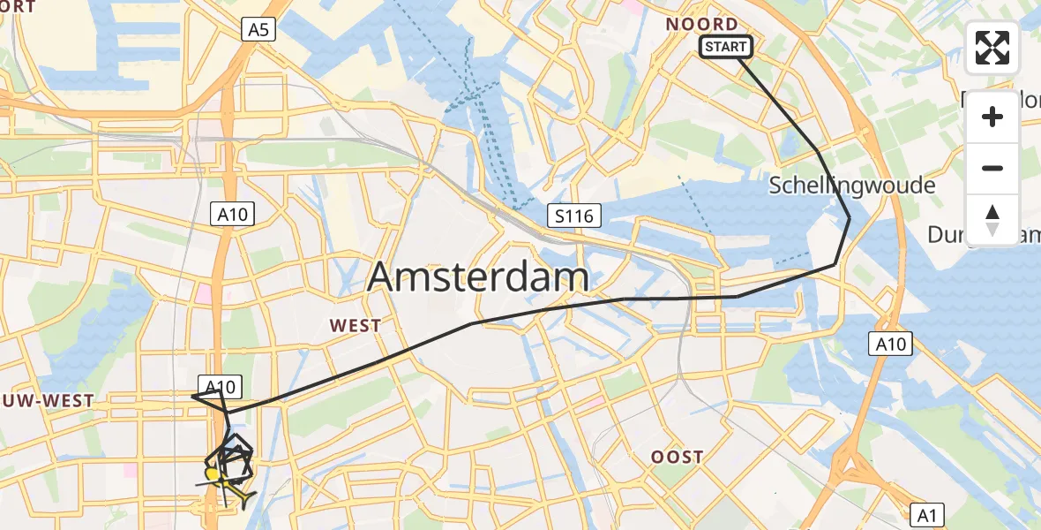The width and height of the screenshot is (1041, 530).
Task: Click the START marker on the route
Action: tap(725, 47)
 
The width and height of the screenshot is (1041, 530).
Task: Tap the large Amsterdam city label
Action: tap(478, 276)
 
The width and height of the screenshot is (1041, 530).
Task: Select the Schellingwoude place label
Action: tap(851, 185)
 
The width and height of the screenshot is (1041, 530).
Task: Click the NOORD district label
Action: tap(702, 24)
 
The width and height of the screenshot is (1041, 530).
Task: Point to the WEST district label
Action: tap(356, 326)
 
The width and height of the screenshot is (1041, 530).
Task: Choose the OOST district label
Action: tap(678, 457)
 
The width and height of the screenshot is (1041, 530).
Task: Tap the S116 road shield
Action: tap(573, 215)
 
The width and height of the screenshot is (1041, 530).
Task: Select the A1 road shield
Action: tap(926, 514)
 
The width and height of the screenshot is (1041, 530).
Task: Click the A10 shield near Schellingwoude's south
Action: tap(890, 344)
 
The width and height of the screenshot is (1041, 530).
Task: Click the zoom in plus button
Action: tap(992, 117)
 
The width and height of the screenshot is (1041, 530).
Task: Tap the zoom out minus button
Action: tap(992, 168)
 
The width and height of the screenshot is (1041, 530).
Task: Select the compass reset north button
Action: tap(992, 219)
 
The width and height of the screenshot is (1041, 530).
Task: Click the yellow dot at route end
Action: tap(213, 475)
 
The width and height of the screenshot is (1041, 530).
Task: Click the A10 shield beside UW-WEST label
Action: tap(220, 386)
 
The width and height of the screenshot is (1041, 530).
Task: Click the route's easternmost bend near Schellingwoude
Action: tap(850, 217)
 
